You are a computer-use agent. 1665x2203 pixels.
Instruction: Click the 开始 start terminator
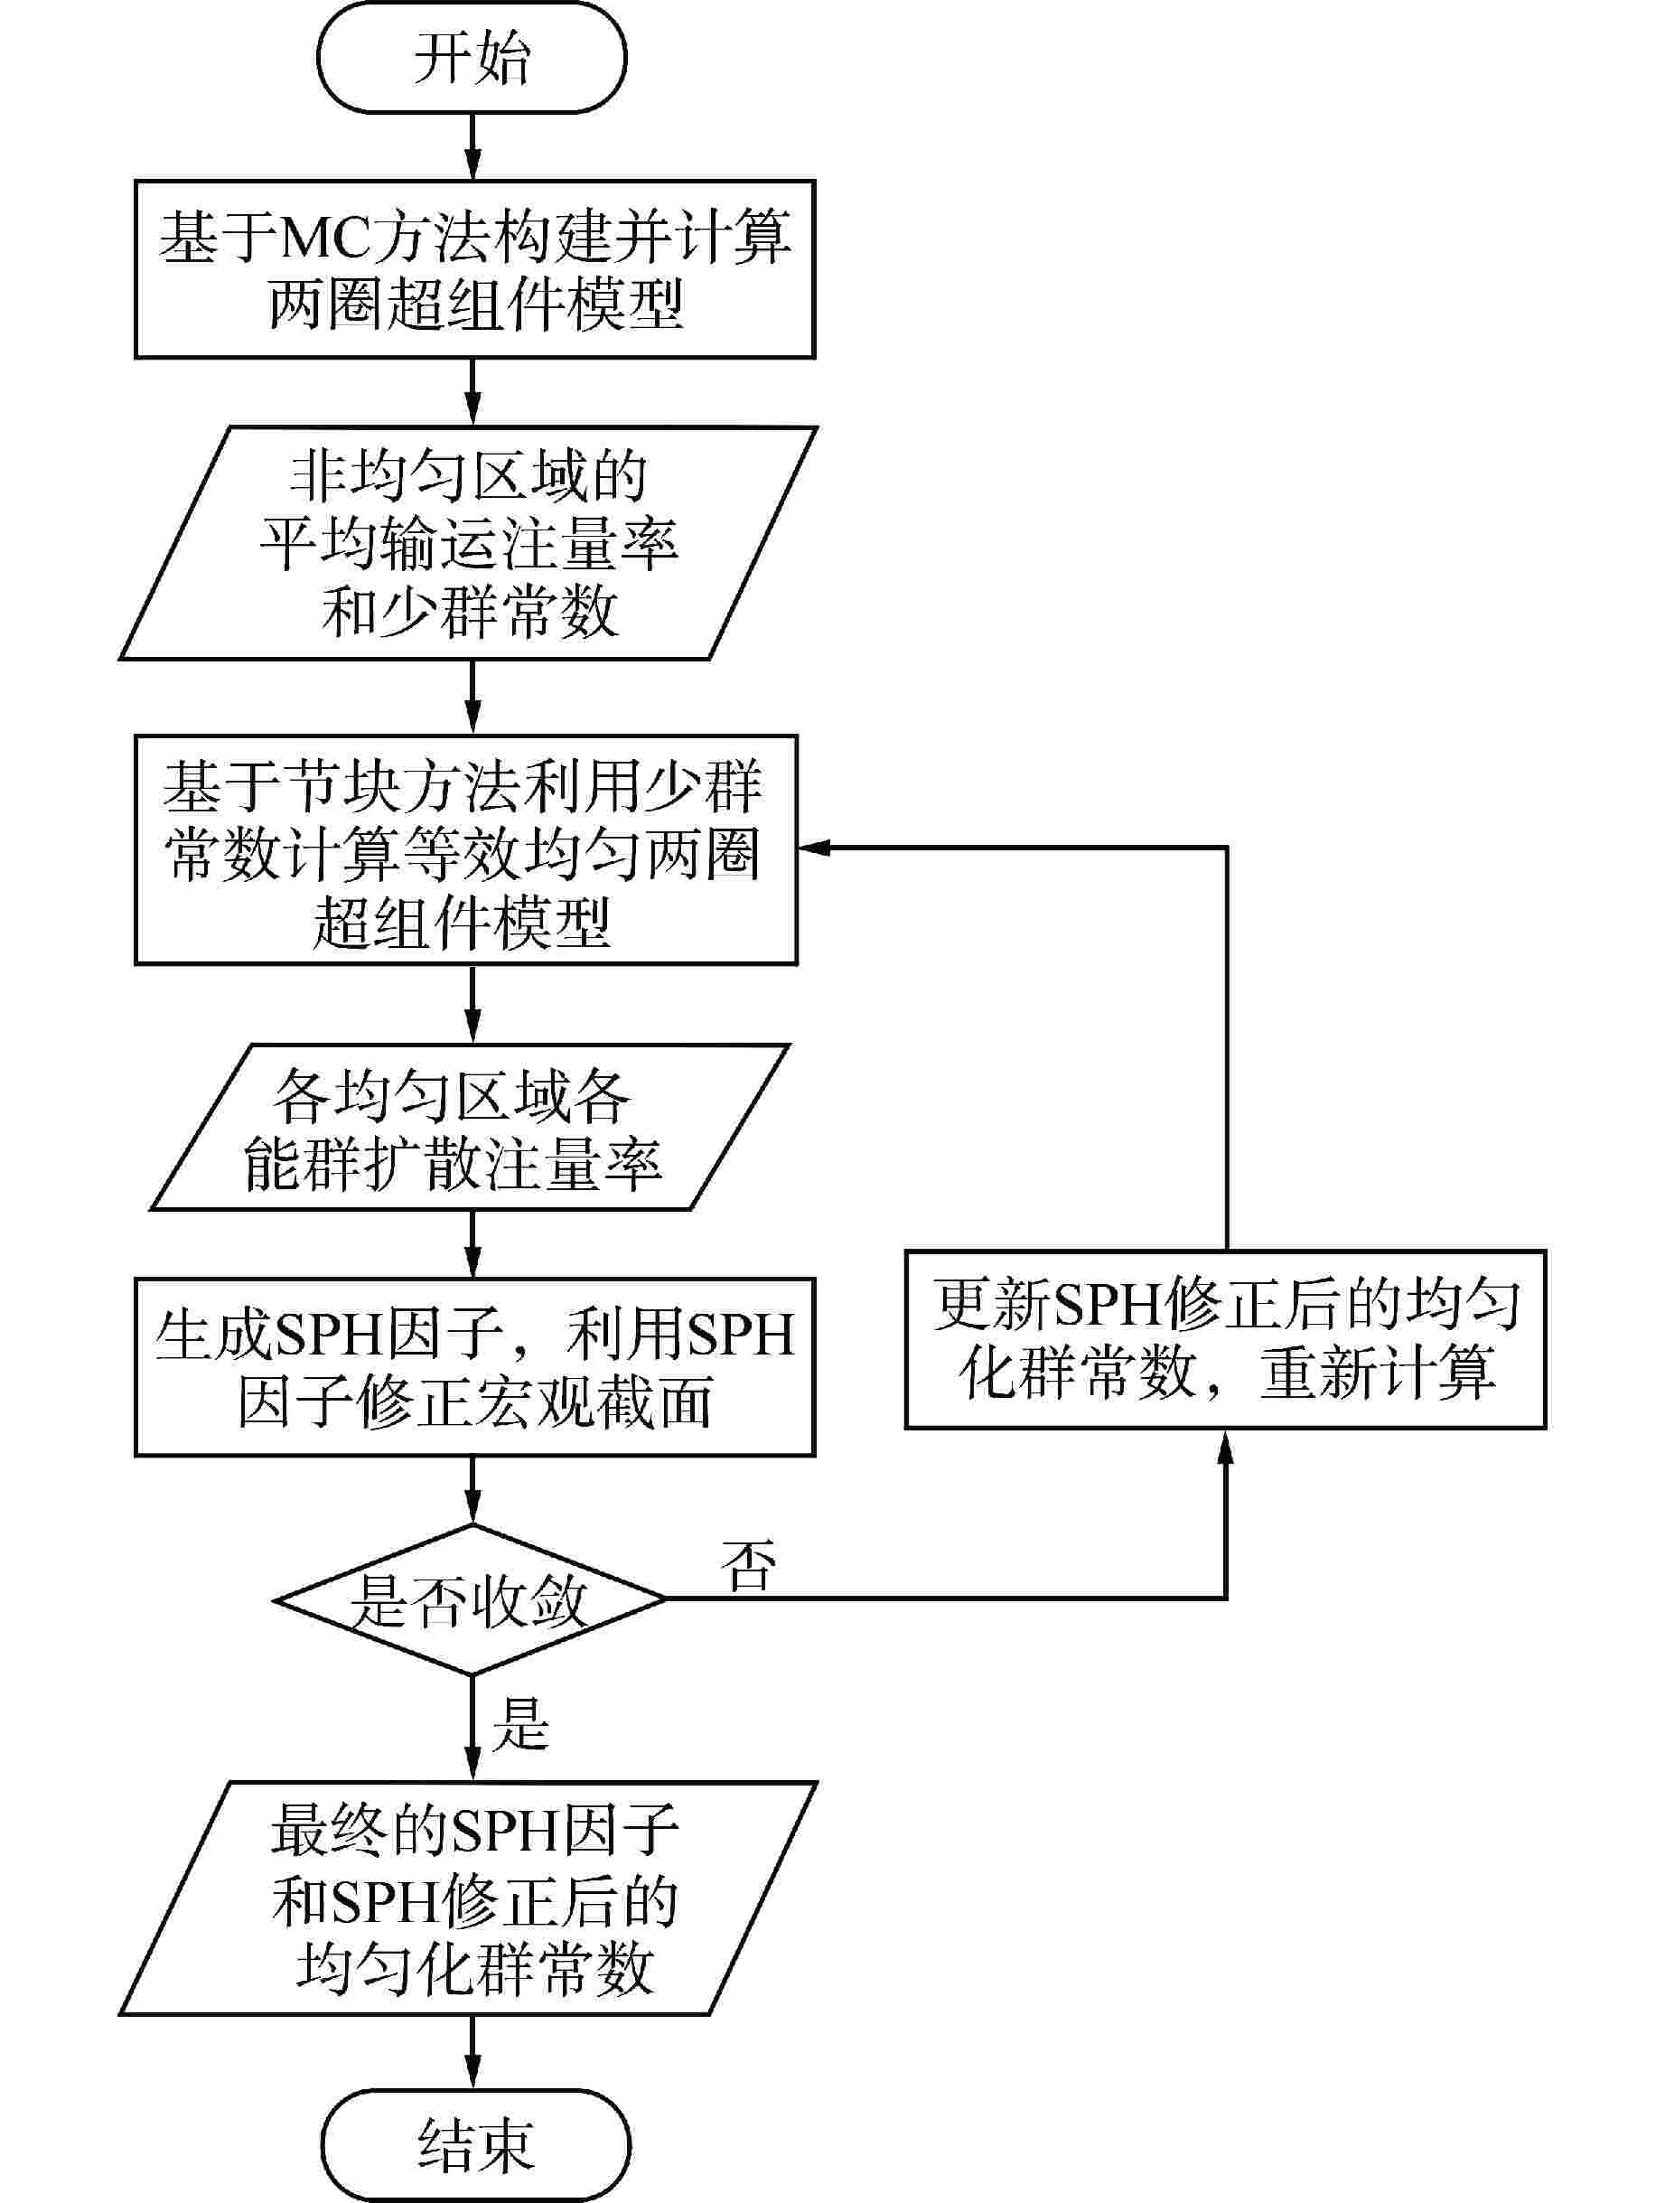click(x=471, y=58)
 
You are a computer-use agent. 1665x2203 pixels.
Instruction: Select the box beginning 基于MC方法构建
click(x=475, y=269)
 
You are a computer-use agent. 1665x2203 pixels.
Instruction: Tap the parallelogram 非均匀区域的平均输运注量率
click(x=468, y=543)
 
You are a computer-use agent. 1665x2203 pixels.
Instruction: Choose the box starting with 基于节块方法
click(x=466, y=850)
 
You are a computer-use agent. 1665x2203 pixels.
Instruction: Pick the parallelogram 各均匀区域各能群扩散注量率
click(x=470, y=1127)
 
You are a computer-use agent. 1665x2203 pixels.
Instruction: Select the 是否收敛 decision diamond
click(x=470, y=1598)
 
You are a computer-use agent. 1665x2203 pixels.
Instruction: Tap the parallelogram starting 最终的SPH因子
click(x=468, y=1898)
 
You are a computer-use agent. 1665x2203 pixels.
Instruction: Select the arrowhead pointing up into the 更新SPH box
click(x=1226, y=1446)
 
